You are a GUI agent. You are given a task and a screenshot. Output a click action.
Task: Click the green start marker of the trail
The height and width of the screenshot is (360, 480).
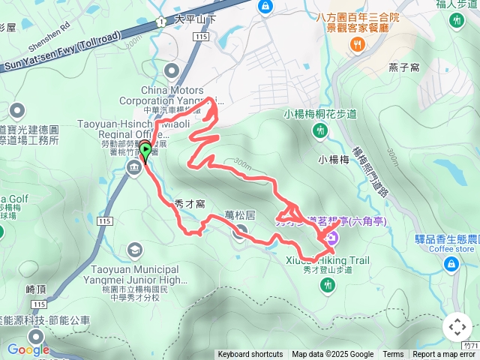[145, 149]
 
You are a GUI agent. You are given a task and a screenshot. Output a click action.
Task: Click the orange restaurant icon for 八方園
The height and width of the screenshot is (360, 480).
[357, 44]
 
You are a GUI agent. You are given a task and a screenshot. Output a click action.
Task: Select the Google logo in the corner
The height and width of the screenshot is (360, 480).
[28, 349]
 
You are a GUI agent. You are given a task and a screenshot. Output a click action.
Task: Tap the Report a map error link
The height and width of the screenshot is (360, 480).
[444, 355]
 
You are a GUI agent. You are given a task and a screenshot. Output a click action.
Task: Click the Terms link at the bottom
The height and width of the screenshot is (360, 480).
[393, 355]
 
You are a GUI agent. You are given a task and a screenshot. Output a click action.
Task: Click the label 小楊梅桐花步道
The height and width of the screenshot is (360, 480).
[320, 115]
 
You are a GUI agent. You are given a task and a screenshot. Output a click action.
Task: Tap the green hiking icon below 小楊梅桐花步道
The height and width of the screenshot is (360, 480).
[320, 131]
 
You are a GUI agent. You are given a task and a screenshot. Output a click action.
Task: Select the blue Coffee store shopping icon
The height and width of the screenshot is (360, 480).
[451, 263]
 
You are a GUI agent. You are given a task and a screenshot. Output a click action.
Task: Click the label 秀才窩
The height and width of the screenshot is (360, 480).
[190, 202]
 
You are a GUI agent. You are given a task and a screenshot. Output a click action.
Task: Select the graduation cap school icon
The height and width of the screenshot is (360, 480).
[135, 250]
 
